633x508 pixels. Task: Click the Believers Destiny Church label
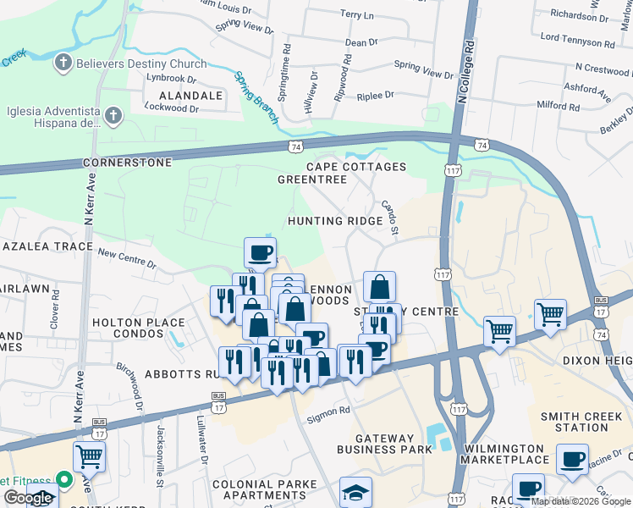click(141, 63)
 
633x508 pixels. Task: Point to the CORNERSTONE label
click(127, 162)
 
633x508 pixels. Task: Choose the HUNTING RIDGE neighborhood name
click(335, 221)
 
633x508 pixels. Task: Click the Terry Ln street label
click(356, 15)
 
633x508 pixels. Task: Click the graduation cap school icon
click(355, 491)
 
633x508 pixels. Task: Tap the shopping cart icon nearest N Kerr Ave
click(89, 457)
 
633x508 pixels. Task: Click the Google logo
click(27, 499)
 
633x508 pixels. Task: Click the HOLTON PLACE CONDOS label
click(138, 328)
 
